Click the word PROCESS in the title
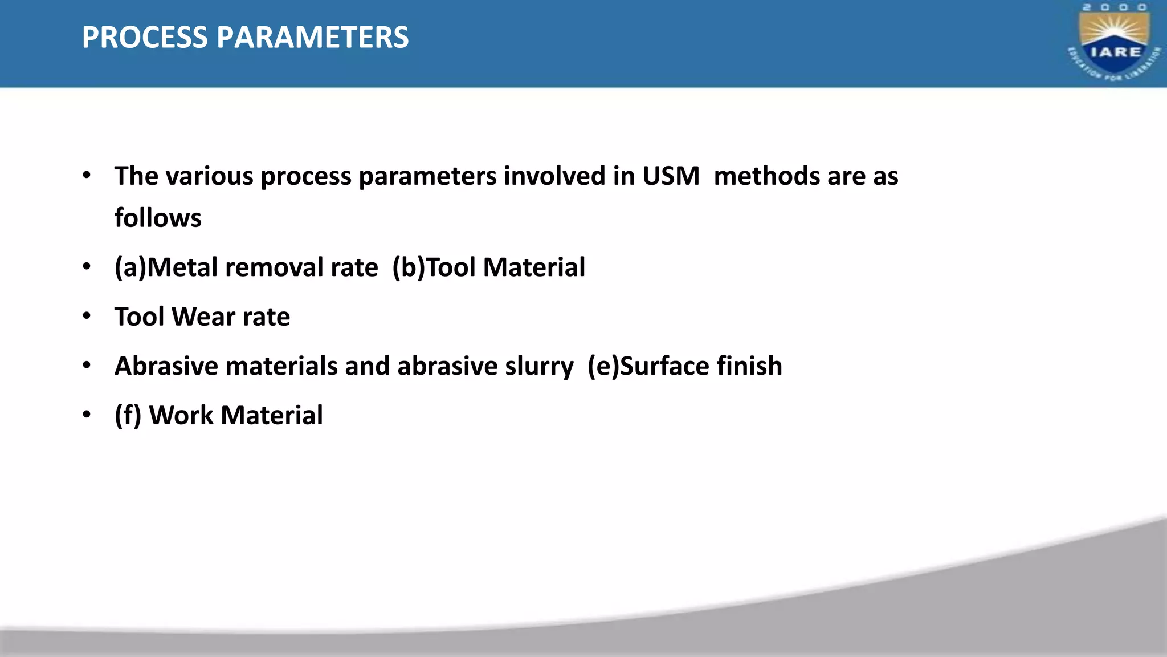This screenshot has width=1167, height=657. coord(145,38)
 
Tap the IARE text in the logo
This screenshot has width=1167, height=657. coord(1115,52)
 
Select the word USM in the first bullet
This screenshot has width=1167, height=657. coord(671,176)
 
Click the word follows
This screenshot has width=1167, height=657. coord(158,218)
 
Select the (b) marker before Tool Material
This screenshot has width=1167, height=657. coord(409,267)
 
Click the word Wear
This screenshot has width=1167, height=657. coord(203,317)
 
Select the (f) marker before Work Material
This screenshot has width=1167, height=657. coord(128,415)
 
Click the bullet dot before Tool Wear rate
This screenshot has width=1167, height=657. coord(87,315)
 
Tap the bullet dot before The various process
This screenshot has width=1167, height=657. coord(87,175)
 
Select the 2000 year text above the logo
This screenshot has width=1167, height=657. coord(1115,7)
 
